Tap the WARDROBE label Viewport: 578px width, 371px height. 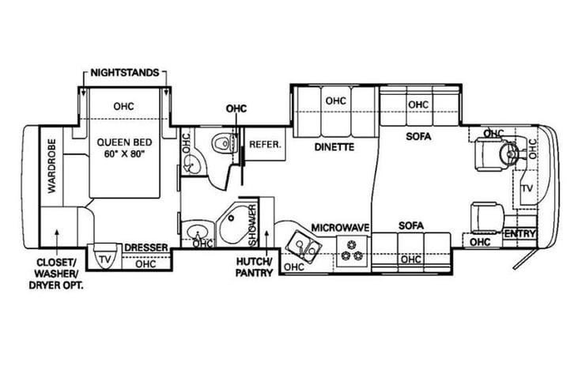click(x=52, y=166)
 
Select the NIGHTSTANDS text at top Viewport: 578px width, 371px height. click(x=125, y=72)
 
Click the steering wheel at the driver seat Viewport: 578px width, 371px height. click(x=509, y=152)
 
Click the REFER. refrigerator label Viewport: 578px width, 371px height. click(x=265, y=144)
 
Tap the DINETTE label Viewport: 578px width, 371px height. click(x=334, y=147)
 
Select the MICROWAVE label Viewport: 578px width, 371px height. click(x=340, y=228)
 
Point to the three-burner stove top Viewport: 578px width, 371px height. click(x=352, y=249)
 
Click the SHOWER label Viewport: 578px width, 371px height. click(x=253, y=225)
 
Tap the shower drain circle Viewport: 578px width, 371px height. click(x=231, y=218)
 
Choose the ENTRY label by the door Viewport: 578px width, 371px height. click(x=519, y=234)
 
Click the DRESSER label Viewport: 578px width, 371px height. click(x=146, y=248)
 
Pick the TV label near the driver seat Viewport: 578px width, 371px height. click(x=527, y=188)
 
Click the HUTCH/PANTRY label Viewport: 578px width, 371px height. click(x=255, y=267)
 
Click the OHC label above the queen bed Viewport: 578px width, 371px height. click(x=124, y=107)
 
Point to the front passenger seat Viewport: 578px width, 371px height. click(x=487, y=218)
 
